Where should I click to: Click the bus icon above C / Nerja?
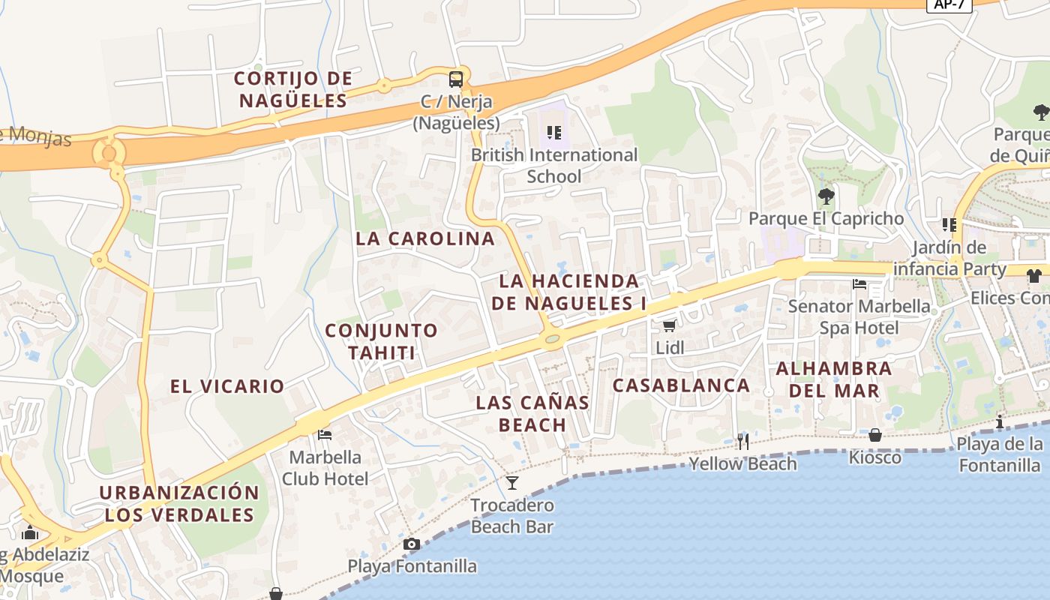coord(455,79)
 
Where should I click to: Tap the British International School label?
coord(554,166)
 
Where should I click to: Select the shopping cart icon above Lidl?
coord(669,325)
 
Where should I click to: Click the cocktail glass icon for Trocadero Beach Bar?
coord(512,482)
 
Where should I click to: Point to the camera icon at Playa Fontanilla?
coord(411,544)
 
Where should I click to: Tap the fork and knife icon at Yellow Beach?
coord(742,441)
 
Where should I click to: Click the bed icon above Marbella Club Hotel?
coord(325,434)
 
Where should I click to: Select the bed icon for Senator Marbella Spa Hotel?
coord(859,283)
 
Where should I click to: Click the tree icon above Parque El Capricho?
coord(826,196)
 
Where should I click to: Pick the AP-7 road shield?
coord(949,4)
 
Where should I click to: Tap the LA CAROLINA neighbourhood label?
coord(425,238)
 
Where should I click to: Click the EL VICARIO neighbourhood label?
coord(227,386)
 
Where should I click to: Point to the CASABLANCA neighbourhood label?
coord(681,385)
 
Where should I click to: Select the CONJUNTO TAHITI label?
coord(381,341)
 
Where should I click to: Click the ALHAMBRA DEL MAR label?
coord(833,379)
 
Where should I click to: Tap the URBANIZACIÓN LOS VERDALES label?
coord(179,504)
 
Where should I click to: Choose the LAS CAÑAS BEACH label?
coord(532,413)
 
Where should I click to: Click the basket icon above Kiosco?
coord(874,435)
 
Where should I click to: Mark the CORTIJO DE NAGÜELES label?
coord(292,89)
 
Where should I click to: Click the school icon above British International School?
coord(554,133)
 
